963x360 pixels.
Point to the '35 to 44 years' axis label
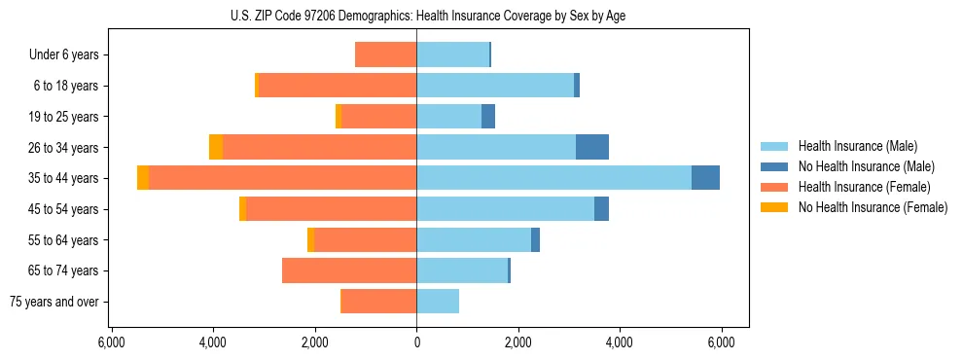[x=65, y=178]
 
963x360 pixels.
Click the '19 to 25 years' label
[x=65, y=117]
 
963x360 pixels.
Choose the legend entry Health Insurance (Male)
[x=857, y=146]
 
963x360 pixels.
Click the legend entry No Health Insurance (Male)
[x=866, y=166]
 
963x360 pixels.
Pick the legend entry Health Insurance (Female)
[x=864, y=187]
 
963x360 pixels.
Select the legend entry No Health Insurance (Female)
[x=873, y=207]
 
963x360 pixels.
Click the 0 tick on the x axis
[x=416, y=342]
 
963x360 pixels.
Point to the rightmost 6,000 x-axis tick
[x=721, y=342]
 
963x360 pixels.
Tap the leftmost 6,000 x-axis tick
[x=112, y=342]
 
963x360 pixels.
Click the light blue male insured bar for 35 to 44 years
[x=553, y=178]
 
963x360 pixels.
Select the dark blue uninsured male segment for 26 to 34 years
[x=592, y=147]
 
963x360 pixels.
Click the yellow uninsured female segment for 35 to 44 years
[x=143, y=178]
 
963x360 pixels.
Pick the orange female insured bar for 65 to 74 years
[x=349, y=270]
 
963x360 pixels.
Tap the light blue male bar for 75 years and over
[x=438, y=302]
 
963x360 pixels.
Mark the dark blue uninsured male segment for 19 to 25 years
[x=488, y=117]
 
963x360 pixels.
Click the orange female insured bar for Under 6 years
[x=385, y=55]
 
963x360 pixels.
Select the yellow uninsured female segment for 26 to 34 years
[x=216, y=147]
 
